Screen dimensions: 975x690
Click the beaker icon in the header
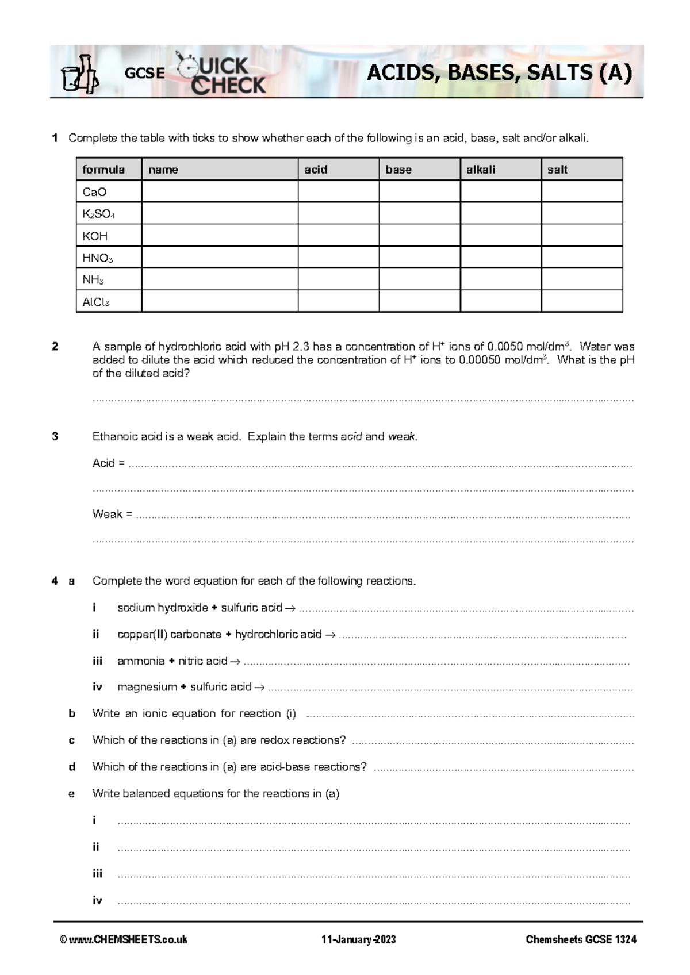(80, 74)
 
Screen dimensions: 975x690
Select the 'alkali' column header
(481, 170)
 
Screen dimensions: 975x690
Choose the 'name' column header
(163, 170)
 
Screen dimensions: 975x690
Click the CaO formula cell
(109, 192)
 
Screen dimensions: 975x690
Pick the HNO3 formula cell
(109, 258)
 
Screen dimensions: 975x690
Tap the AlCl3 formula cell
(109, 302)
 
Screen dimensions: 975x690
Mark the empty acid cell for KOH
(338, 236)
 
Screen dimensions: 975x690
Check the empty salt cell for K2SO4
(581, 214)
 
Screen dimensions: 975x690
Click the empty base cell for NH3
(419, 280)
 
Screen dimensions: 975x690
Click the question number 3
(55, 436)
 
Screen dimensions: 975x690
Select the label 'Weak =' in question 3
(112, 514)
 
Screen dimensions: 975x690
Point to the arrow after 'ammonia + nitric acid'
(235, 662)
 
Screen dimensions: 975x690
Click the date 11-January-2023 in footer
(358, 940)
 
